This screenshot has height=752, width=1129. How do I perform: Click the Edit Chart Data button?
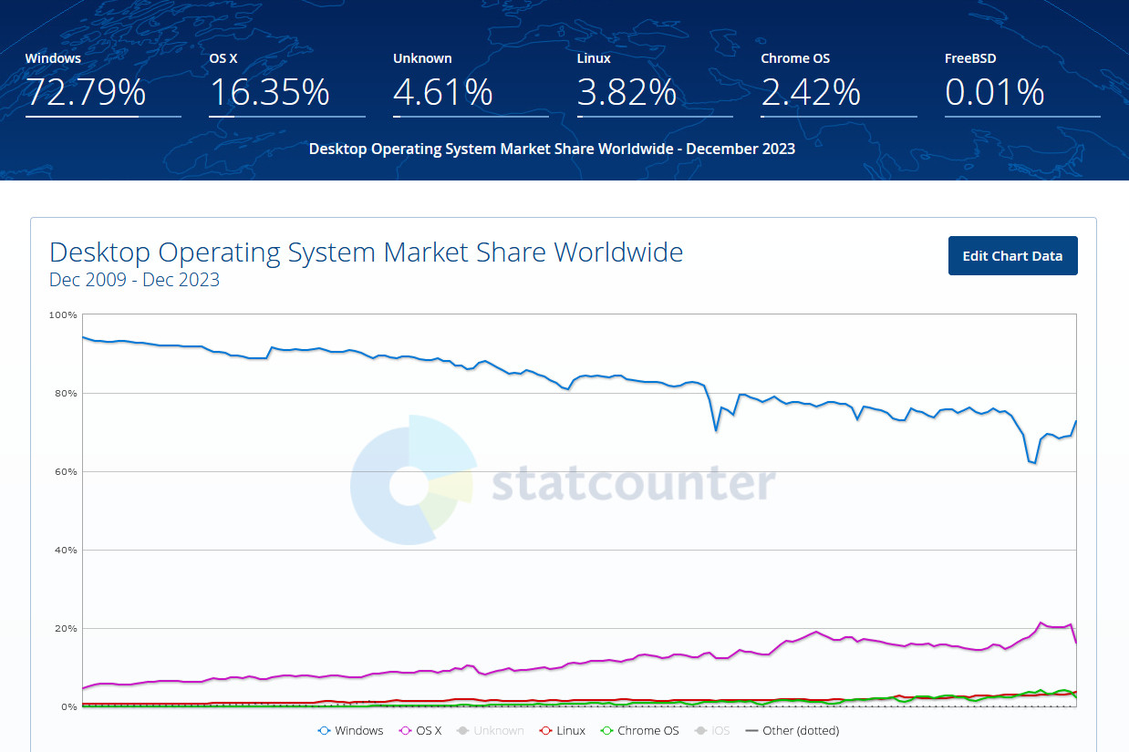(x=1012, y=256)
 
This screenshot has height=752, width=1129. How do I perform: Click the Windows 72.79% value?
(x=85, y=92)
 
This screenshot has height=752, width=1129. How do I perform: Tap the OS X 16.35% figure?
(x=269, y=92)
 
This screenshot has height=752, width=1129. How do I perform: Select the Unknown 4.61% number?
(x=443, y=92)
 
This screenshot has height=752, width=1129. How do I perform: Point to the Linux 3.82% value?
(x=627, y=92)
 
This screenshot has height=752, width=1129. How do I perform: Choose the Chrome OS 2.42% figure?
(x=811, y=92)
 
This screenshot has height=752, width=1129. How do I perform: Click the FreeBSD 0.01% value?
(x=994, y=92)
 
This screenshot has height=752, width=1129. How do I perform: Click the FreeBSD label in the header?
(x=970, y=58)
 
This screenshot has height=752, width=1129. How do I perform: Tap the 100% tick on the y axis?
(x=64, y=315)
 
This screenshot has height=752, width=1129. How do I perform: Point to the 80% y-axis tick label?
(x=66, y=394)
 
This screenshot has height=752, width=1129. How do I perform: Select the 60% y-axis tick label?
(x=66, y=472)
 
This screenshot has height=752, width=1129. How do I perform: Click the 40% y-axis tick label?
(x=66, y=551)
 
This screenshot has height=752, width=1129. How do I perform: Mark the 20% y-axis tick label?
(x=66, y=629)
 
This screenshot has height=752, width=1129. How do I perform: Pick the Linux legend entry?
(x=563, y=730)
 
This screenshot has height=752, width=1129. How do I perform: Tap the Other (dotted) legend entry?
(x=792, y=730)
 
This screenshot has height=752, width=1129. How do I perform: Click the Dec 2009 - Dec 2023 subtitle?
(x=134, y=280)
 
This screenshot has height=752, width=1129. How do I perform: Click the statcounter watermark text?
(x=634, y=484)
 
